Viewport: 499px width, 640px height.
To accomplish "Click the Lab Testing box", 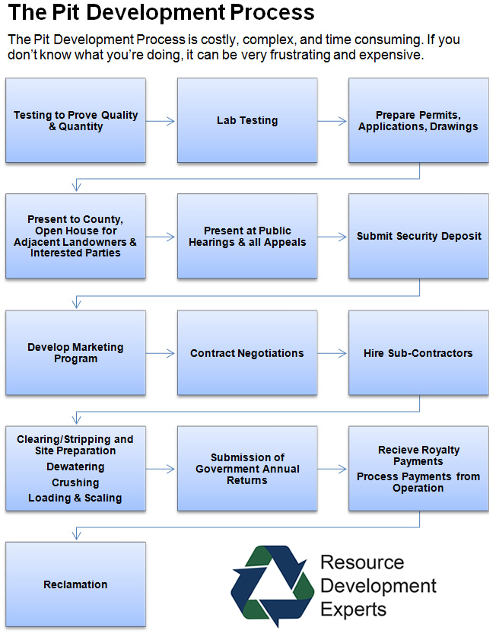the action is [247, 120].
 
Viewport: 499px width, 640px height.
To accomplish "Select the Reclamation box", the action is [75, 584].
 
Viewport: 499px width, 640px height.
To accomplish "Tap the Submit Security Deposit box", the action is [418, 237].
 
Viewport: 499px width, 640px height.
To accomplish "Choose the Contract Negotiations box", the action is [247, 352].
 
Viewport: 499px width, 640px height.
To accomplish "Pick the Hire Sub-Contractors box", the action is [418, 352].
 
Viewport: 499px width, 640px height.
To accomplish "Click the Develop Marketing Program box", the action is [75, 352].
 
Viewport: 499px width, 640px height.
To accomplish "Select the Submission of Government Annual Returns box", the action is [247, 469].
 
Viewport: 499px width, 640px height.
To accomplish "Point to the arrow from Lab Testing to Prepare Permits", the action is [332, 121].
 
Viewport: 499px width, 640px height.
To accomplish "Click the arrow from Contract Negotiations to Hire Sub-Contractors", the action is [332, 353].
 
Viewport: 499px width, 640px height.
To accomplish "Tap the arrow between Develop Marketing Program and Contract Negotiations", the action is [161, 353].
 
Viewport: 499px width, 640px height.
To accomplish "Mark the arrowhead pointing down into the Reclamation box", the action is [76, 535].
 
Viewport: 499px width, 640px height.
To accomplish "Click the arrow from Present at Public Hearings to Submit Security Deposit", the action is [332, 237].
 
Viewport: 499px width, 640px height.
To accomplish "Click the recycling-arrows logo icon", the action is [272, 586].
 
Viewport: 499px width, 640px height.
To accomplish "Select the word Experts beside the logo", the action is [354, 610].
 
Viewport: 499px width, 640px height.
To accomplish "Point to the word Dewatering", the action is [75, 466].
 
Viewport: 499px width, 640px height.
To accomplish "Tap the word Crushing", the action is [75, 482].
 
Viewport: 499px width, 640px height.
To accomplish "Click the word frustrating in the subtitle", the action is [300, 55].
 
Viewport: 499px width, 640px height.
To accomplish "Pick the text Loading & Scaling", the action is [75, 498].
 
